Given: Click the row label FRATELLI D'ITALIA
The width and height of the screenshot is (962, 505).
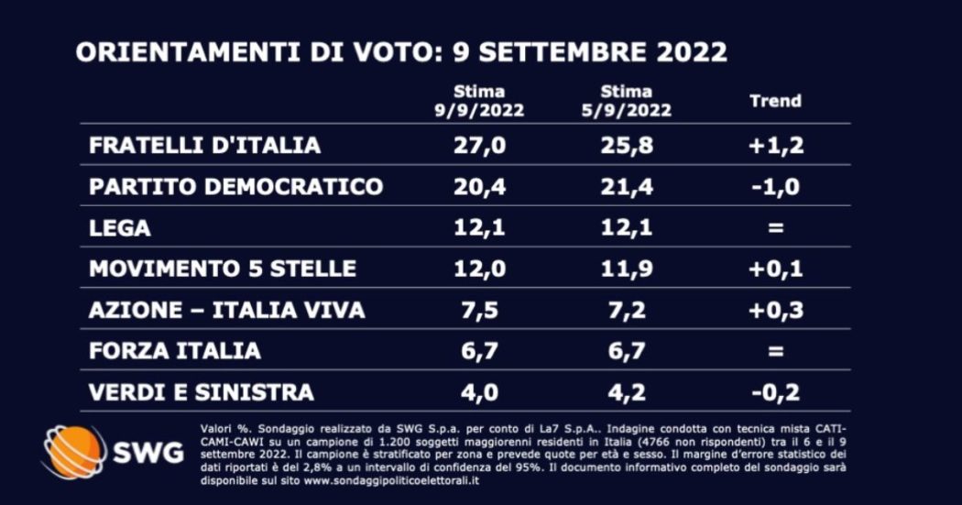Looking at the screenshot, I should pyautogui.click(x=204, y=145).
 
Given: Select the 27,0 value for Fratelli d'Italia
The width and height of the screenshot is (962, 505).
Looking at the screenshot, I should pyautogui.click(x=478, y=145).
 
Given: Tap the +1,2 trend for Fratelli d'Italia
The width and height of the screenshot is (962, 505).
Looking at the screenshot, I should pyautogui.click(x=775, y=145).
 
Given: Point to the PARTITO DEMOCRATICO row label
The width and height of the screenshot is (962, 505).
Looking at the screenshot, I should pyautogui.click(x=235, y=186).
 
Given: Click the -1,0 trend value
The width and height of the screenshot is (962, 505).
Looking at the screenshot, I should pyautogui.click(x=775, y=186).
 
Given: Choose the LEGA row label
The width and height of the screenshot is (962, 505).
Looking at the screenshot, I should pyautogui.click(x=120, y=227).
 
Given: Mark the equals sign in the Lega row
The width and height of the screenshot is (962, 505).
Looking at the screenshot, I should pyautogui.click(x=775, y=227).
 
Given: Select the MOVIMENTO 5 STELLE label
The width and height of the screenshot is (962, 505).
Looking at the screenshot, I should pyautogui.click(x=223, y=269).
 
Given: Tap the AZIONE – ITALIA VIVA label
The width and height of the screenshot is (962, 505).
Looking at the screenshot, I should pyautogui.click(x=226, y=310).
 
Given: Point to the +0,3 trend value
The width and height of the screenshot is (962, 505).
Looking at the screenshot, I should pyautogui.click(x=775, y=310).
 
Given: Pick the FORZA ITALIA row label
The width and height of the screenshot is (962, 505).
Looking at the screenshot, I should pyautogui.click(x=175, y=350).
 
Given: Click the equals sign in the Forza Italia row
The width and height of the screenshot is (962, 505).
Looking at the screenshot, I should pyautogui.click(x=775, y=350).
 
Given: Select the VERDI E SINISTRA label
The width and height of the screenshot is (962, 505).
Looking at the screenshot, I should pyautogui.click(x=202, y=392).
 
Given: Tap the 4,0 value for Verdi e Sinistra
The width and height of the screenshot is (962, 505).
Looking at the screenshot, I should pyautogui.click(x=478, y=392).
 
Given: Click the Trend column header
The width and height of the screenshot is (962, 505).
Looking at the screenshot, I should pyautogui.click(x=775, y=101).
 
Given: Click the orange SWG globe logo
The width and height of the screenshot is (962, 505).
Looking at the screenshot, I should pyautogui.click(x=73, y=452).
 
